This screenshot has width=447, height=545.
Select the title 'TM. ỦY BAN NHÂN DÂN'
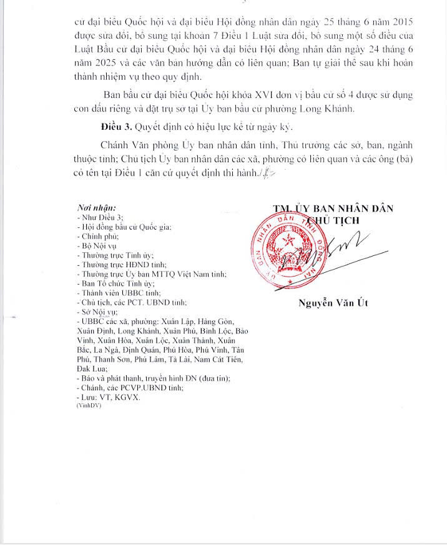(333, 209)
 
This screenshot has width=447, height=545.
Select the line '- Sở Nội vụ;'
(97, 312)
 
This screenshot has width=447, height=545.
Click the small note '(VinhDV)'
(89, 405)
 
